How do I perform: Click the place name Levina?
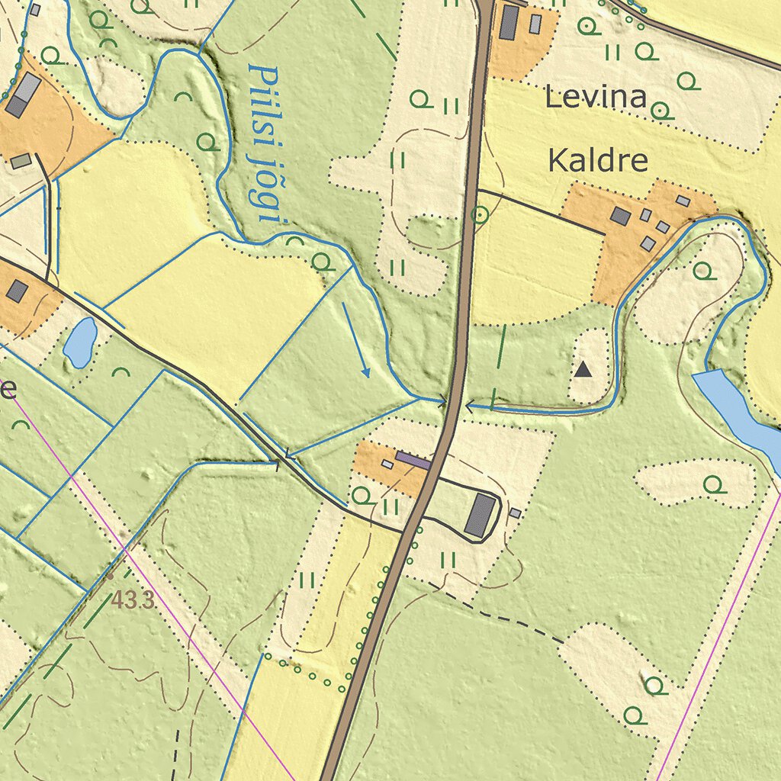[596, 98]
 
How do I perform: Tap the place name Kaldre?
[598, 161]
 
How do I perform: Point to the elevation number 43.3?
[133, 600]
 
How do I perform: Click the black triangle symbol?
[583, 370]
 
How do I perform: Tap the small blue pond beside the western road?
[80, 342]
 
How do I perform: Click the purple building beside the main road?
[413, 460]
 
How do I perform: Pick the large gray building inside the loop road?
[480, 515]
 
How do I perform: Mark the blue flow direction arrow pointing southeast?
[356, 339]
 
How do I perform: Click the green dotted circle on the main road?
[480, 215]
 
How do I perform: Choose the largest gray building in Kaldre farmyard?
[621, 217]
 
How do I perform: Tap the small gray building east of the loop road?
[516, 513]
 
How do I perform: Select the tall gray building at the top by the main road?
[509, 23]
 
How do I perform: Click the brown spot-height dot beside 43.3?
[110, 577]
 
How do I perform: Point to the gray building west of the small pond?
[17, 291]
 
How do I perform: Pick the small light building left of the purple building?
[387, 464]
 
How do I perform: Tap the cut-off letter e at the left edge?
[8, 390]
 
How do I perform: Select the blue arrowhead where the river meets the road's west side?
[441, 400]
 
